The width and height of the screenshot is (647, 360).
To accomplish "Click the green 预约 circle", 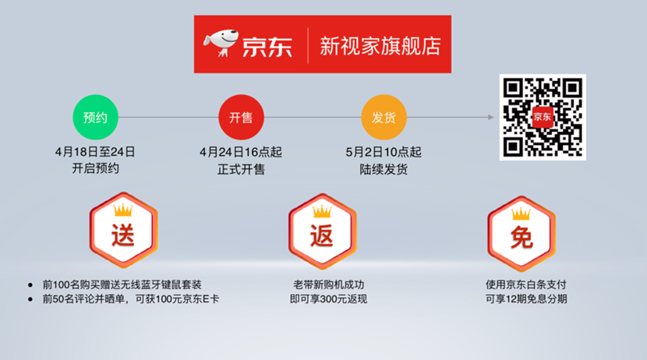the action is click(x=95, y=118).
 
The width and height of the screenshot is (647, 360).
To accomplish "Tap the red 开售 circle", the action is click(x=241, y=118).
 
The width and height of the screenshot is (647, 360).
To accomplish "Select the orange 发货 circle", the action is click(x=384, y=118).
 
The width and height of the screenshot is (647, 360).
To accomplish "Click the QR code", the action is click(x=543, y=117).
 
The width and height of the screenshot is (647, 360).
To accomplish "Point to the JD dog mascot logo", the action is click(x=221, y=43).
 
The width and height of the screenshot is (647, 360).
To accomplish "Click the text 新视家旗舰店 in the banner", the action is click(x=380, y=46).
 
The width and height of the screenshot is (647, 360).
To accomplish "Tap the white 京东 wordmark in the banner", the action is click(x=267, y=47).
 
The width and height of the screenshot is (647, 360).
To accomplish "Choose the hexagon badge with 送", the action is click(x=123, y=229).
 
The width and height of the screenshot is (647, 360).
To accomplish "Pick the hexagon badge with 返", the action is click(x=322, y=231).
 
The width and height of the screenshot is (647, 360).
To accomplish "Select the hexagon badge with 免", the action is click(x=521, y=233).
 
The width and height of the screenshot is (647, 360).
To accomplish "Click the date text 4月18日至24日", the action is click(x=95, y=152).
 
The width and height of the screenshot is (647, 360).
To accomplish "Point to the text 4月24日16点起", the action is click(x=241, y=152).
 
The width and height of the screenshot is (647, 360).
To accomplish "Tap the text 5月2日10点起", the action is click(x=384, y=152).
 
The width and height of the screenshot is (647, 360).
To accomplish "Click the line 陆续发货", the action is click(x=384, y=170).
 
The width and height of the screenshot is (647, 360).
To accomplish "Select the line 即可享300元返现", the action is click(x=328, y=299).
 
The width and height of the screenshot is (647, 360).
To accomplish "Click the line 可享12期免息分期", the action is click(x=526, y=299).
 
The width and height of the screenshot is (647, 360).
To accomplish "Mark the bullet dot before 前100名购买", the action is click(x=30, y=285).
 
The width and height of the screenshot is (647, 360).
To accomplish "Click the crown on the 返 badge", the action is click(x=322, y=211).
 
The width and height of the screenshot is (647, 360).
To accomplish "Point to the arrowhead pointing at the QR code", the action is click(x=491, y=117).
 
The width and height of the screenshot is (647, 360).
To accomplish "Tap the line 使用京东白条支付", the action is click(x=526, y=284).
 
